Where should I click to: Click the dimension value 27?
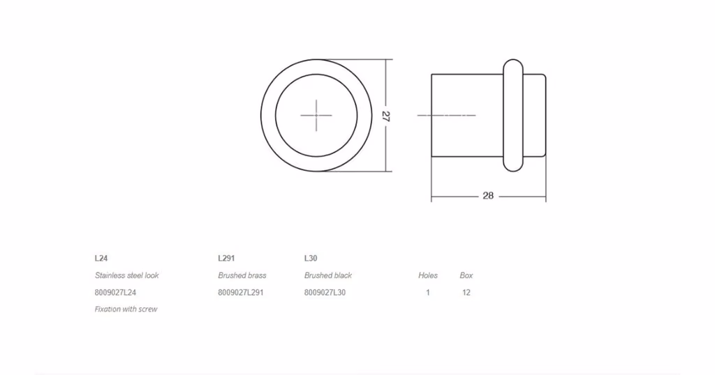click(385, 116)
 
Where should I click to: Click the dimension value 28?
click(488, 196)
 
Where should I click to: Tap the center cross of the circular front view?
click(316, 116)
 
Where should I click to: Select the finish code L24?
click(101, 258)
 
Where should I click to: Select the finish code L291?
click(226, 258)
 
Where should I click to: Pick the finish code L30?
click(311, 258)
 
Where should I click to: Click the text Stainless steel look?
click(127, 275)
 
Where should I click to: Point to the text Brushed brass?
click(242, 275)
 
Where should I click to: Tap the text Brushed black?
click(328, 275)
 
